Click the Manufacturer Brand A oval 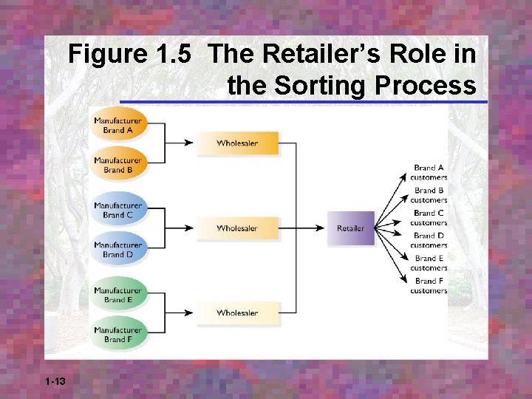click(x=118, y=126)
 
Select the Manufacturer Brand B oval click(x=118, y=165)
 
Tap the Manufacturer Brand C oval click(x=118, y=210)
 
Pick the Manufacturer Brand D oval click(x=118, y=249)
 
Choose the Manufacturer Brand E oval click(x=118, y=295)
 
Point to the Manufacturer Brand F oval click(x=118, y=334)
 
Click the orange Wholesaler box click(x=237, y=143)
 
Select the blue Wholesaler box click(x=237, y=228)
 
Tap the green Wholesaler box click(x=237, y=313)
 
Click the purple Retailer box click(x=351, y=228)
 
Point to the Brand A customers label click(x=429, y=173)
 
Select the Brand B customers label click(x=429, y=195)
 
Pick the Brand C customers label click(x=429, y=218)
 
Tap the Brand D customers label click(x=429, y=240)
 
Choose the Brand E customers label click(x=429, y=263)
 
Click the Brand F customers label click(x=429, y=286)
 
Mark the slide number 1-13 click(x=55, y=381)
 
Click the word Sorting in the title click(x=320, y=86)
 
